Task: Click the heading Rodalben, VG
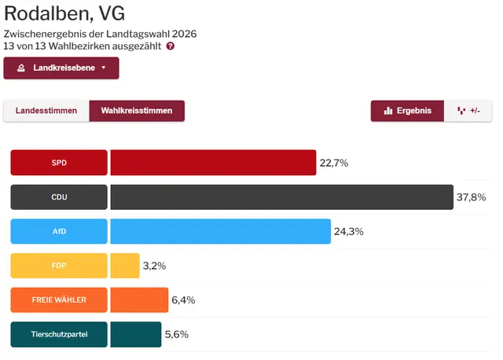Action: pos(64,13)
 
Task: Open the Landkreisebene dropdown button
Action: pos(61,68)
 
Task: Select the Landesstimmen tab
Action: pos(46,111)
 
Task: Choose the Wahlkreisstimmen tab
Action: pos(137,111)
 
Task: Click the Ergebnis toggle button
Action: pos(408,111)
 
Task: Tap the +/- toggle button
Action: pos(468,111)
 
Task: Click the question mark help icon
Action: pos(171,46)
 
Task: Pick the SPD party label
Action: pos(59,163)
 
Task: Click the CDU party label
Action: pos(59,197)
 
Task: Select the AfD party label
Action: pos(59,232)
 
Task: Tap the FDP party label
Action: pos(59,266)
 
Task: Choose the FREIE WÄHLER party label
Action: pos(59,300)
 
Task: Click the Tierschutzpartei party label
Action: pos(59,334)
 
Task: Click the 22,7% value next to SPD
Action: pos(333,163)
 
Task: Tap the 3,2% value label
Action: pos(154,266)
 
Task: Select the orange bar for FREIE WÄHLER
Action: pos(139,300)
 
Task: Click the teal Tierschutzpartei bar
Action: pos(135,334)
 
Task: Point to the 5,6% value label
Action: pos(176,334)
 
